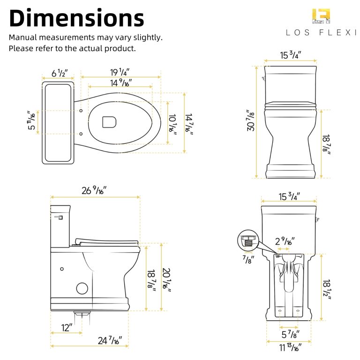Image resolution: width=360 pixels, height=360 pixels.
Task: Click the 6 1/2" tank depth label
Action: pyautogui.click(x=60, y=74)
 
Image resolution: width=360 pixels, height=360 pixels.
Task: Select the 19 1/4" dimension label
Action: pyautogui.click(x=120, y=72)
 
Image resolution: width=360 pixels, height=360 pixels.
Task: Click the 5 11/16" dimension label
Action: pyautogui.click(x=31, y=121)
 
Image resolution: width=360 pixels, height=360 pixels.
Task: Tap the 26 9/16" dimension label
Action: pyautogui.click(x=94, y=190)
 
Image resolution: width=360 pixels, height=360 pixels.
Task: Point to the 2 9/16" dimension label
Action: pyautogui.click(x=285, y=241)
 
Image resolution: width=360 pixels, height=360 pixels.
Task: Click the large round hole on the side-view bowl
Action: pyautogui.click(x=82, y=288)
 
